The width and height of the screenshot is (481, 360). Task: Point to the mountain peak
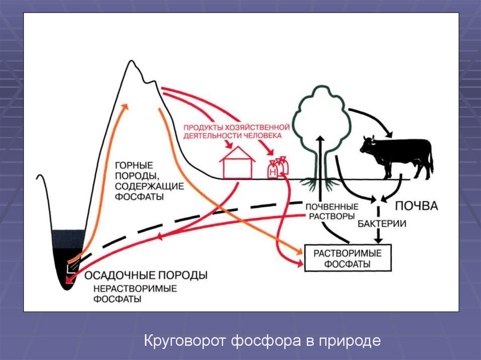(x=133, y=63)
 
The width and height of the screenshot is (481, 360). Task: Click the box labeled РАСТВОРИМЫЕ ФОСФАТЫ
(x=348, y=258)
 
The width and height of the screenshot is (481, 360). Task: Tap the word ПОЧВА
(x=416, y=206)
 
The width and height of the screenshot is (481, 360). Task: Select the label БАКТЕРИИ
(x=382, y=224)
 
